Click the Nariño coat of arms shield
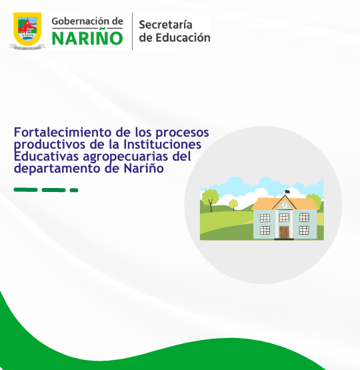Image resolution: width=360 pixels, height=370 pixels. (x=27, y=29)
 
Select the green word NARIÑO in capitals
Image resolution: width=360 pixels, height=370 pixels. (x=87, y=38)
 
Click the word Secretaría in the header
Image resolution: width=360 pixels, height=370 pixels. (x=165, y=25)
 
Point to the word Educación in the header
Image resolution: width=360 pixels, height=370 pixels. (x=183, y=37)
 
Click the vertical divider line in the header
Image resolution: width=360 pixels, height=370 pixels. (x=132, y=31)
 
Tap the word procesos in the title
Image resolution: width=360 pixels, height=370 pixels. (x=182, y=133)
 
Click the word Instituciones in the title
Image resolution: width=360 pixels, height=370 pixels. (x=162, y=144)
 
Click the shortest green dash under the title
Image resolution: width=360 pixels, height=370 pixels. (x=74, y=190)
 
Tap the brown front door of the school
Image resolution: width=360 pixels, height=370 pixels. (x=284, y=233)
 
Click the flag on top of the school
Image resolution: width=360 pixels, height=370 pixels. (x=287, y=191)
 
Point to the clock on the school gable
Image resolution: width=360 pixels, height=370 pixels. (x=284, y=205)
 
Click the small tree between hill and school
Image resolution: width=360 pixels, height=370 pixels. (x=233, y=205)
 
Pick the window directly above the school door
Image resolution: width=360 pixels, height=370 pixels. (x=284, y=217)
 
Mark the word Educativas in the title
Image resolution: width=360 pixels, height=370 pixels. (x=47, y=157)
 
